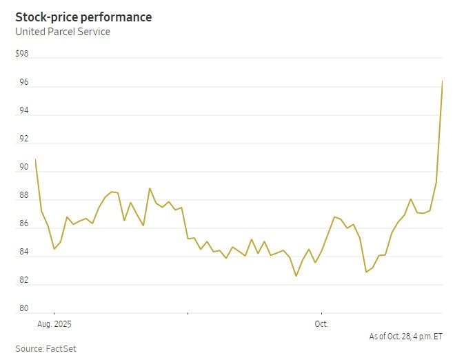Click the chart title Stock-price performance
[x=83, y=17]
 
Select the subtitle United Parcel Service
[x=63, y=32]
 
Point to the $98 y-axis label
[x=22, y=54]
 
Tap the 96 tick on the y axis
[x=23, y=83]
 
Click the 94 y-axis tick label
[x=23, y=111]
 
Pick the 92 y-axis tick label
[x=23, y=139]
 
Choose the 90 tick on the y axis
[x=23, y=168]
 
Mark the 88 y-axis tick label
[x=23, y=196]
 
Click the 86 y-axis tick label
[x=23, y=224]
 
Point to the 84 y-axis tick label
[x=23, y=252]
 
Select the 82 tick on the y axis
[x=23, y=281]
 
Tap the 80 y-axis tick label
[x=23, y=309]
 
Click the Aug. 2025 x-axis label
[x=54, y=323]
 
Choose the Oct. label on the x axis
[x=321, y=323]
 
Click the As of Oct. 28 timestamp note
[x=405, y=336]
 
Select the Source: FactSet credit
[x=46, y=349]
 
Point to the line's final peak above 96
[x=442, y=81]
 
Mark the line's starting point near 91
[x=35, y=159]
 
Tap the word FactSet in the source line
[x=61, y=349]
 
